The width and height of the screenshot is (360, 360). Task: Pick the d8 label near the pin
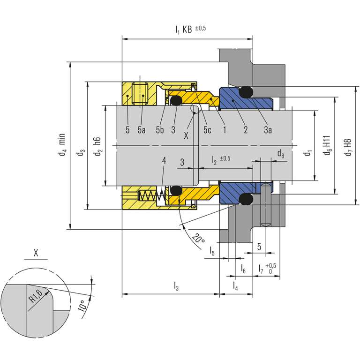tap(280, 153)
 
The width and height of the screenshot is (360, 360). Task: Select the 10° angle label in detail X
tap(83, 305)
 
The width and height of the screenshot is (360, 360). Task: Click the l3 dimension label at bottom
tap(176, 285)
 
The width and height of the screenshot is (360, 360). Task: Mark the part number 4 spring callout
tap(164, 161)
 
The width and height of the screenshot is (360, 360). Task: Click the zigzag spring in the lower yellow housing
tap(150, 197)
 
